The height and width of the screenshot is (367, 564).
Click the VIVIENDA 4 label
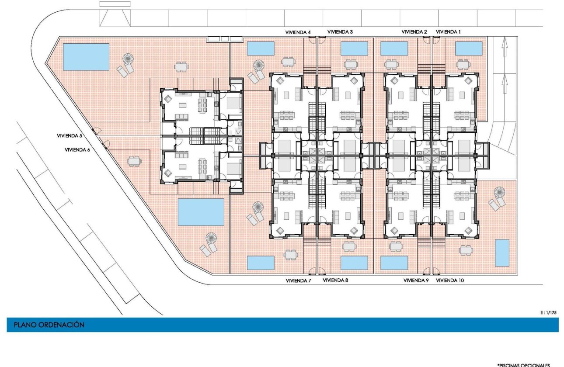298,32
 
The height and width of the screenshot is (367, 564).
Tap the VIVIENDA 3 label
340,32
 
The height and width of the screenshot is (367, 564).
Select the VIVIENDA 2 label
414,32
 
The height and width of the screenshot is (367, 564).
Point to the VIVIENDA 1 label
448,32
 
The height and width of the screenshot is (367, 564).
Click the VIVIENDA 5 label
70,136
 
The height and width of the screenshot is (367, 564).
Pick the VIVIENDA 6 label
77,149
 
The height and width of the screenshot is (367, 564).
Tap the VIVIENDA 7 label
298,280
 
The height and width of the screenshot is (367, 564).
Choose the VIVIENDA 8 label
335,280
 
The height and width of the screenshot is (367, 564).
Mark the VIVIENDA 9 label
416,280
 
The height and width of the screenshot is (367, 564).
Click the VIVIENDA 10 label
450,280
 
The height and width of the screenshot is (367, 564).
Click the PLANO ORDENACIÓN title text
49,325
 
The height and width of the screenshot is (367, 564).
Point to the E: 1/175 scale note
549,313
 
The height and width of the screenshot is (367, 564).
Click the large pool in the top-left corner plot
86,57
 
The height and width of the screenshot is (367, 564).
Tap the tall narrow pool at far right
502,253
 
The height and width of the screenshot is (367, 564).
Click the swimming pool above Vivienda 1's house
469,48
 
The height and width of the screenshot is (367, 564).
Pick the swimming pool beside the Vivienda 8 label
354,263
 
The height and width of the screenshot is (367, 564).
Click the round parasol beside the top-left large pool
129,59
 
